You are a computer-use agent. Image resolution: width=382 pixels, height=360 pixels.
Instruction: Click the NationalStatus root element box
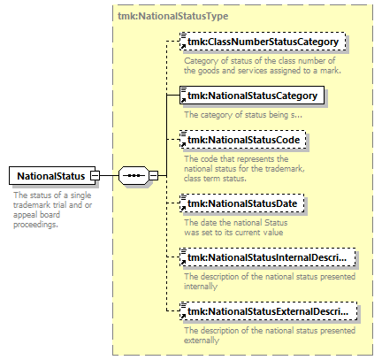point(52,176)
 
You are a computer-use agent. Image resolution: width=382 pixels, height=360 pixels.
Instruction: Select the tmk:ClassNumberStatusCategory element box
point(263,42)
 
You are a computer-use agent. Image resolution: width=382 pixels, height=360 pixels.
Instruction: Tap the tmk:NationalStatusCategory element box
point(252,96)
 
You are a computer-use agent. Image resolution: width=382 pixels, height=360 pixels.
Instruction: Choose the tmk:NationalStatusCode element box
point(243,140)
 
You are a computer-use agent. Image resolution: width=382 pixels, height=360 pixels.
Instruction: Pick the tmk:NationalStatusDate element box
point(242,203)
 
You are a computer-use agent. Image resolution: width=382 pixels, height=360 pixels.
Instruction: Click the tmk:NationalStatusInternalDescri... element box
point(268,257)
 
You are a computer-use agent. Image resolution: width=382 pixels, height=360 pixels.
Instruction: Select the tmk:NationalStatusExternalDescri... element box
point(269,311)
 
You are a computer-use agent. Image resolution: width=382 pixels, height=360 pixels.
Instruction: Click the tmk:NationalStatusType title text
point(173,16)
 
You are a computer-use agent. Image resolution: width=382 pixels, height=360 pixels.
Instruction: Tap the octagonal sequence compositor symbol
point(134,176)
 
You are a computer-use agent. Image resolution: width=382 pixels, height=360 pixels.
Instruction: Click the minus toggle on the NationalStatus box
point(95,176)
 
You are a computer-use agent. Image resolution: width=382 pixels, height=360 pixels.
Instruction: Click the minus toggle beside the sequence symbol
point(154,176)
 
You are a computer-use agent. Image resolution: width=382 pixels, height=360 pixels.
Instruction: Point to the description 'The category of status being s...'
point(243,115)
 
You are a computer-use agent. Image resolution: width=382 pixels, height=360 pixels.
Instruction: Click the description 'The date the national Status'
point(236,223)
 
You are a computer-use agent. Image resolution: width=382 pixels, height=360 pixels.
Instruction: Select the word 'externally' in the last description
point(202,341)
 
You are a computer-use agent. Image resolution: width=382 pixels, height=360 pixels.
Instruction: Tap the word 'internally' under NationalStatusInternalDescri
point(201,287)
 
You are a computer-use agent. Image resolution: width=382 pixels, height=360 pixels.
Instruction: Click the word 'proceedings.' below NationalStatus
point(35,225)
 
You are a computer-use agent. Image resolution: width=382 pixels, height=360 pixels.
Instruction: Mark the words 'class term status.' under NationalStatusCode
point(215,179)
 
